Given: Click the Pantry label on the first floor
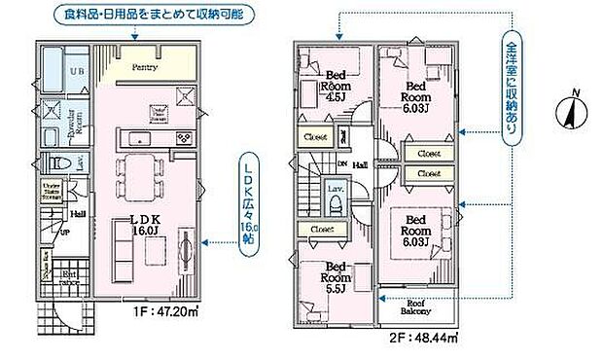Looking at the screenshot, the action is click(x=145, y=67).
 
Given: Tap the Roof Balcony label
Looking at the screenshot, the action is click(x=418, y=305).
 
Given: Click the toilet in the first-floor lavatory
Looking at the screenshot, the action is click(x=55, y=163).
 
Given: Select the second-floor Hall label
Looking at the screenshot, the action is click(x=360, y=165).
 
